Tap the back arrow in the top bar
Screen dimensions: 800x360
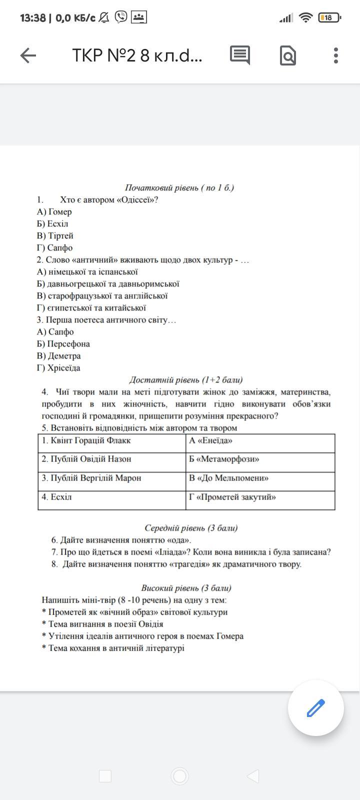pyautogui.click(x=28, y=55)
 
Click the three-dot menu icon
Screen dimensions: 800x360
pyautogui.click(x=336, y=55)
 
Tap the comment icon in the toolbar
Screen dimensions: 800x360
pyautogui.click(x=240, y=55)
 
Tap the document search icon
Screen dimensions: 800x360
pyautogui.click(x=288, y=55)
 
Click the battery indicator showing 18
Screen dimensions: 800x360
pyautogui.click(x=328, y=18)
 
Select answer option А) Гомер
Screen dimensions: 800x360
pyautogui.click(x=54, y=212)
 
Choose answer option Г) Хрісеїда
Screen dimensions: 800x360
pyautogui.click(x=58, y=368)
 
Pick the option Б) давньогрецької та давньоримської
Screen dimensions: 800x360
pyautogui.click(x=108, y=284)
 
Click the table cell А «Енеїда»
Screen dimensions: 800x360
pyautogui.click(x=260, y=441)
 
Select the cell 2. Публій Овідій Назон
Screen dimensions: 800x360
pyautogui.click(x=111, y=459)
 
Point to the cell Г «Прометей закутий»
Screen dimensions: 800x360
pyautogui.click(x=260, y=497)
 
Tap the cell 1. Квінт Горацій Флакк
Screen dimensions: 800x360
pyautogui.click(x=111, y=441)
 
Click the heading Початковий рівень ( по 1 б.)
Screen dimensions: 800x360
pyautogui.click(x=179, y=188)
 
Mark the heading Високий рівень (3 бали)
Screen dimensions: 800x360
pyautogui.click(x=186, y=588)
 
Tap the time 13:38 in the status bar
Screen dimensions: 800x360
pyautogui.click(x=33, y=18)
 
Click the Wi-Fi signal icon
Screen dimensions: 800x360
pyautogui.click(x=305, y=18)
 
